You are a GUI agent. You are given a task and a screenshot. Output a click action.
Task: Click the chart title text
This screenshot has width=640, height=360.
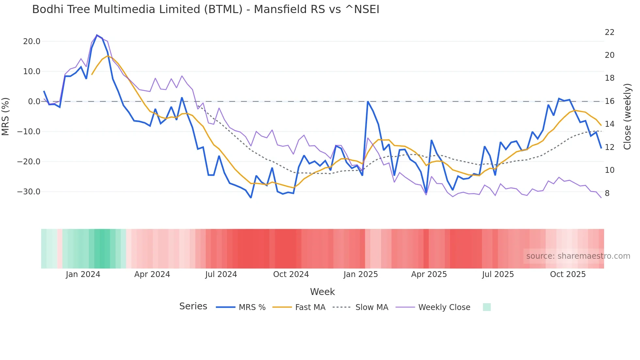pos(206,9)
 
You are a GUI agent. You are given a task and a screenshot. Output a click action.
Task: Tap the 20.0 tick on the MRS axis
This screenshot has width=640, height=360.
pos(32,41)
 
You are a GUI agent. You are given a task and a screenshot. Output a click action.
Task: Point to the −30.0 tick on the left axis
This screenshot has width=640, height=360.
pos(29,192)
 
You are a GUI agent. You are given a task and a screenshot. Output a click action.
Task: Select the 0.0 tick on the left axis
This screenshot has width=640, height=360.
pos(34,102)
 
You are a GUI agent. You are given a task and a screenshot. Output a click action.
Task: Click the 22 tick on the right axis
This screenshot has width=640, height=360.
pos(609,32)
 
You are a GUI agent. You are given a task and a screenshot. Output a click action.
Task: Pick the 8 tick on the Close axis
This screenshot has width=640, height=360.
pos(607,193)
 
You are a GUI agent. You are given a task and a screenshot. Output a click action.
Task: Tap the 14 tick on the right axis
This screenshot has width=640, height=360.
pos(609,124)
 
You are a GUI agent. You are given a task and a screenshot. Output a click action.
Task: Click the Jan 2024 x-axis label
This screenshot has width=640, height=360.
pos(83,274)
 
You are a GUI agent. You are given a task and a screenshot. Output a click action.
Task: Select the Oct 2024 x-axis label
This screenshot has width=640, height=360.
pos(291,274)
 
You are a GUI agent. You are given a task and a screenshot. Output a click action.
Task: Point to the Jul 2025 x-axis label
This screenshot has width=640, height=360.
pos(498,274)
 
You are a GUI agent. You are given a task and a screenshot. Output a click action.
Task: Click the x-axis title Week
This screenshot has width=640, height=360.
pos(322,292)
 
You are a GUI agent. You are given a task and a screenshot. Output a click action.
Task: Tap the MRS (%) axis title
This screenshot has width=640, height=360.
pos(6,116)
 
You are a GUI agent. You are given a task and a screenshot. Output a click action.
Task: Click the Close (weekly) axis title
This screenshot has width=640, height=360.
pos(627,116)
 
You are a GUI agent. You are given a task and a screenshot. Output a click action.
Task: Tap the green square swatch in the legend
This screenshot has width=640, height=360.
pos(487,307)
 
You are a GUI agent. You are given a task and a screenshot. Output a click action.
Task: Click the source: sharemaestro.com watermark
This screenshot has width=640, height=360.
pos(578,256)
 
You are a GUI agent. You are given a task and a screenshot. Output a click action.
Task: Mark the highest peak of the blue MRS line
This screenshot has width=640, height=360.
pos(97,35)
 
